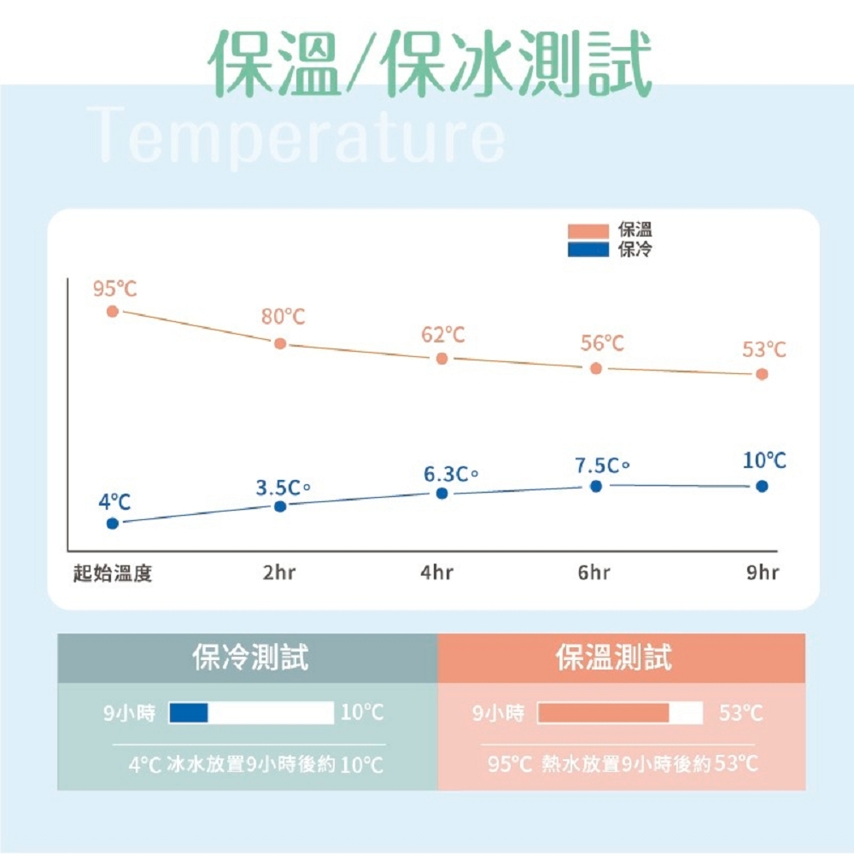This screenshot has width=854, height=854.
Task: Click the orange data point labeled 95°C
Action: [x=113, y=311]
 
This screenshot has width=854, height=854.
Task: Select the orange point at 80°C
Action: [x=280, y=343]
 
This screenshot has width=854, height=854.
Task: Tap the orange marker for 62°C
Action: [x=442, y=359]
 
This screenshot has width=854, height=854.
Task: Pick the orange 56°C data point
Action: [x=596, y=368]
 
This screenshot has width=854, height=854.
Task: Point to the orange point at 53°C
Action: [x=762, y=374]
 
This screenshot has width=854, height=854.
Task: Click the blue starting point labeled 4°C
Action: [x=113, y=524]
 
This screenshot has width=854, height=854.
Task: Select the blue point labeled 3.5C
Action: [x=280, y=506]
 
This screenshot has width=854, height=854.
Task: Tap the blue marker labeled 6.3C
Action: [x=442, y=494]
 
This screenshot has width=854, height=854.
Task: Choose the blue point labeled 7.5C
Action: [x=596, y=486]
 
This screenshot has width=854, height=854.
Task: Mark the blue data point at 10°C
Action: [x=762, y=486]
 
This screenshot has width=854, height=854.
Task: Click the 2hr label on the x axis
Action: [x=279, y=573]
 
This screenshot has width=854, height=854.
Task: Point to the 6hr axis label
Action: [x=594, y=573]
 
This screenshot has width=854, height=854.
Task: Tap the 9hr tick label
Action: [x=763, y=573]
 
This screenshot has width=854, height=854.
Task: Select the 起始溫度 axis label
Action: [x=113, y=573]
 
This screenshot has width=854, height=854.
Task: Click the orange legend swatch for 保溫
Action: [x=588, y=231]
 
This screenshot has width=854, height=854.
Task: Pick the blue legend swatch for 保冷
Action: [x=588, y=249]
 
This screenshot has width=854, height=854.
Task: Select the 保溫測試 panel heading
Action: [x=614, y=658]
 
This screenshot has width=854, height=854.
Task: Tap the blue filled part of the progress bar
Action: [x=190, y=712]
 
